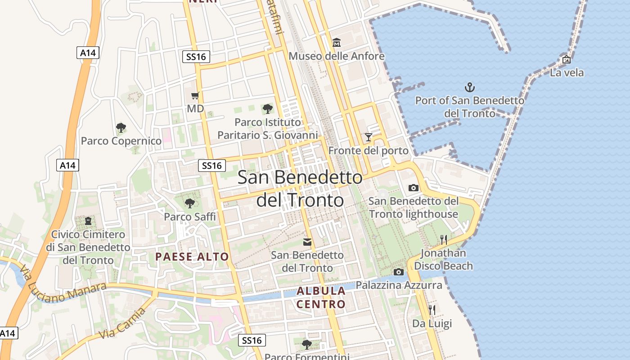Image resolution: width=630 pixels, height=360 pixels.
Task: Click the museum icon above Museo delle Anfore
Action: tap(336, 43)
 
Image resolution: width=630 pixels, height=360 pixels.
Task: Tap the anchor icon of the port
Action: tap(469, 87)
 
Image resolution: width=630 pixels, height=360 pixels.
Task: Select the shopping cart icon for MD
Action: tap(195, 95)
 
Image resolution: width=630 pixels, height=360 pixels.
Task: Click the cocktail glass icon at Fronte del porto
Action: tap(369, 137)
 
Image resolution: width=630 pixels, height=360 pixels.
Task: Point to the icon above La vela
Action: tap(567, 59)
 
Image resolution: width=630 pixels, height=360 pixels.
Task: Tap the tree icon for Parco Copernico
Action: tap(121, 128)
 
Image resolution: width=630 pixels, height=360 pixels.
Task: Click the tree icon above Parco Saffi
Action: tap(190, 203)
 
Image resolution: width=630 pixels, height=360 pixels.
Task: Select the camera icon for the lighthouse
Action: tap(413, 188)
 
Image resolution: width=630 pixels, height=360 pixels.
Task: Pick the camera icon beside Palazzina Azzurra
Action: tap(398, 272)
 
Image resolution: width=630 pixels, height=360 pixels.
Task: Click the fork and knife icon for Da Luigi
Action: tap(432, 310)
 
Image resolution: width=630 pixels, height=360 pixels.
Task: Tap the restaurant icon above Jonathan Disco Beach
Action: tap(444, 239)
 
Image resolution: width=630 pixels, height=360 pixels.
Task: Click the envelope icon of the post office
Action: tap(307, 242)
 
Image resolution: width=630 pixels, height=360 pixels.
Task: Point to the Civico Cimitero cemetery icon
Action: tap(88, 221)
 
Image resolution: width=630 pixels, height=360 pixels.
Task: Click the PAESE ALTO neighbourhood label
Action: tap(192, 257)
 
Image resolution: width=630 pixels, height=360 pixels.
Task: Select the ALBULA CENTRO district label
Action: tap(321, 297)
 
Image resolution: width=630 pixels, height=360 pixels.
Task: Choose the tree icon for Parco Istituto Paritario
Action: tap(268, 108)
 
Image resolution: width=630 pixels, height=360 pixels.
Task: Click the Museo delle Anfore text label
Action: tap(337, 56)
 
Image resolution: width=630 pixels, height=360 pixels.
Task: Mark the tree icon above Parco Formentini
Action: tap(307, 345)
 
